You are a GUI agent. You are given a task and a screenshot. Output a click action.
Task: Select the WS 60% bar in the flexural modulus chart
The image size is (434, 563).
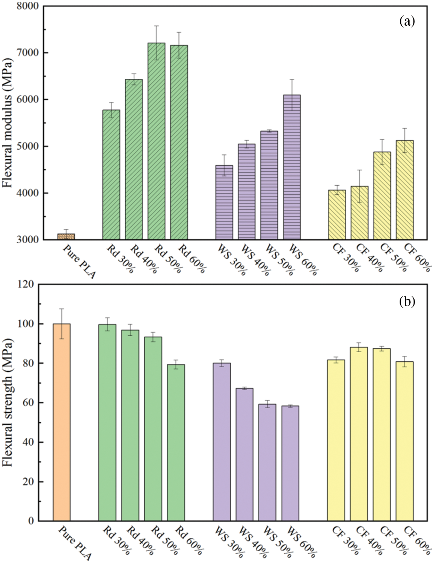292,167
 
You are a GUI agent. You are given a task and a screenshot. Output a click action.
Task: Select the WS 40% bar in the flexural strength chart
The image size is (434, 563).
244,454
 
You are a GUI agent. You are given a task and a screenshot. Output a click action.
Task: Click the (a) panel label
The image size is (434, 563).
407,22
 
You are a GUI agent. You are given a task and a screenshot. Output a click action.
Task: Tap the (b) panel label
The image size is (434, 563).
407,302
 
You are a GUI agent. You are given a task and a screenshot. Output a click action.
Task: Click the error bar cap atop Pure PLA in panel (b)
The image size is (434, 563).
62,309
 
